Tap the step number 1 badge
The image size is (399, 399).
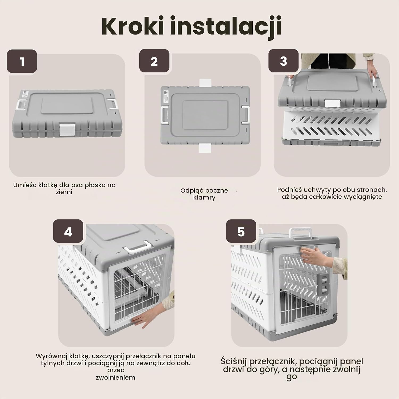tap(22, 61)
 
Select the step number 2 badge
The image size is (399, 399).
tap(154, 61)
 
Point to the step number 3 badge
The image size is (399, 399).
tap(283, 61)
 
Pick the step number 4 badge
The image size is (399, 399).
tap(68, 231)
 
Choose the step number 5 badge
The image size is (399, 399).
tap(241, 231)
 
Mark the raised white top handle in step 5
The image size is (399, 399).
tap(301, 234)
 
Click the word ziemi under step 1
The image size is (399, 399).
tap(64, 192)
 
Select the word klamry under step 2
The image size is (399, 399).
tap(204, 198)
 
